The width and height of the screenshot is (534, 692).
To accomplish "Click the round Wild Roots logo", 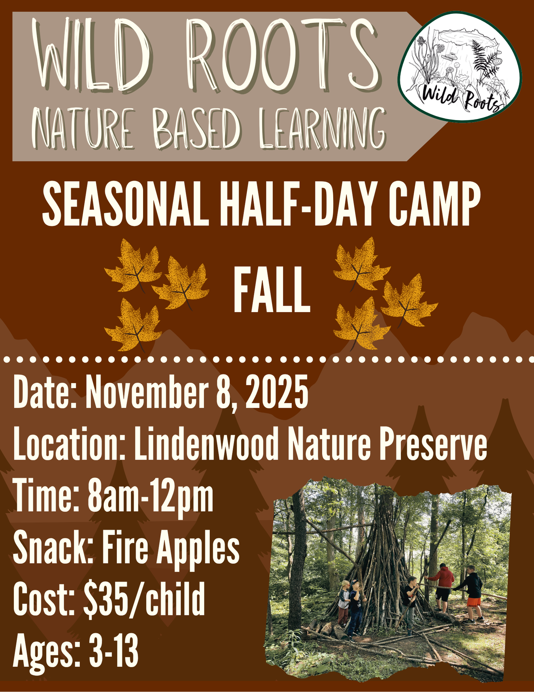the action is tap(460, 67).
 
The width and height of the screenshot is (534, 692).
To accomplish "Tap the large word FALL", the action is tap(272, 290).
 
